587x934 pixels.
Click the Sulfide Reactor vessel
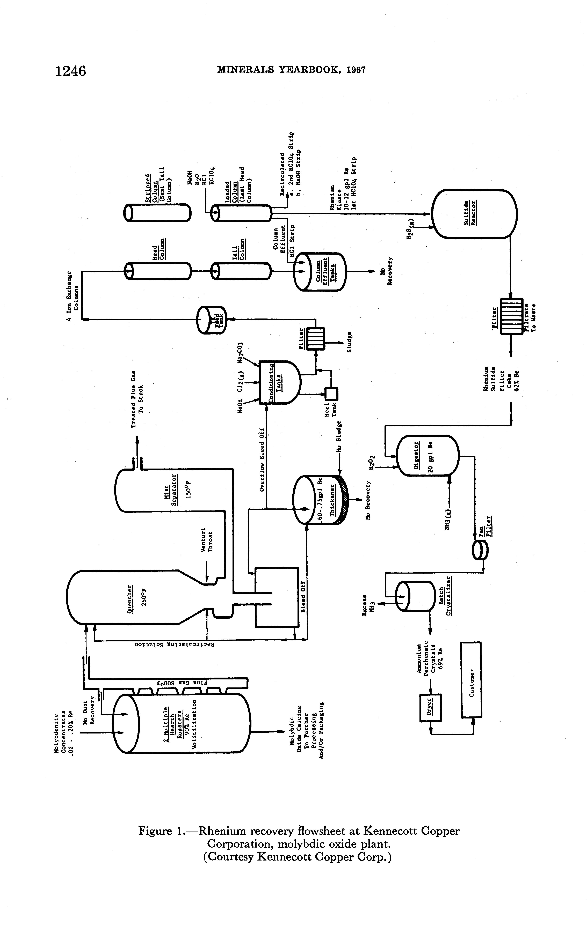[474, 213]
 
